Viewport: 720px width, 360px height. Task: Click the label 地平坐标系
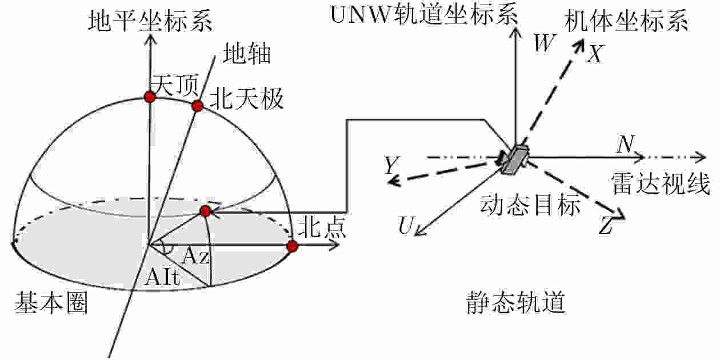coord(151,21)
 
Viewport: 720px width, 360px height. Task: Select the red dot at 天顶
coord(150,97)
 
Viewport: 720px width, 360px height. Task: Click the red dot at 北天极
coord(197,106)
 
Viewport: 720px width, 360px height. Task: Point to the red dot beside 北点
coord(292,246)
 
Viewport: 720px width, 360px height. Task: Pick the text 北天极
coord(246,100)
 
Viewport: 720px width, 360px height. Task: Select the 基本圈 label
coord(51,303)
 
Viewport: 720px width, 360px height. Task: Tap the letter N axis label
coord(624,145)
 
